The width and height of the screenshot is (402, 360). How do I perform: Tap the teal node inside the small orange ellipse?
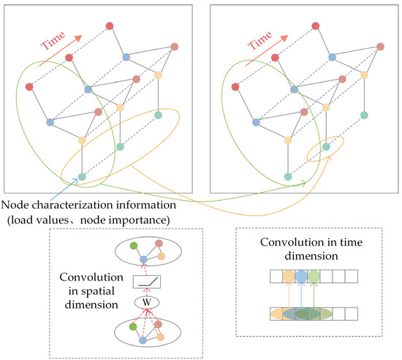point(326,147)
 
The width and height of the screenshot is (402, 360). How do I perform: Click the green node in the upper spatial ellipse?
point(133,246)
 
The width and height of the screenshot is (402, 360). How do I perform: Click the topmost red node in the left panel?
point(110,26)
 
